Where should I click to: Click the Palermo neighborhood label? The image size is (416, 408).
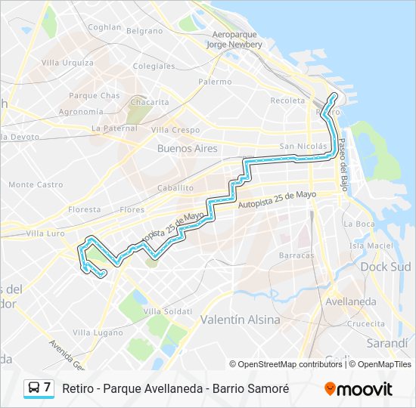coord(215,81)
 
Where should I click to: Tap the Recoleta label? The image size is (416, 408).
coord(287,100)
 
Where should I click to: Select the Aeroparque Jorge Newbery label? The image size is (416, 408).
coord(237,40)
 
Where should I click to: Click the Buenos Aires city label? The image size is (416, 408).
coord(187,149)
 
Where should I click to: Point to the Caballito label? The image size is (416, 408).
coord(175,187)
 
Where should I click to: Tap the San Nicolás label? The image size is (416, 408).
coord(302,146)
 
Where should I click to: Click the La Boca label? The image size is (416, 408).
coord(359,224)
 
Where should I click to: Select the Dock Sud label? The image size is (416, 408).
coord(385,267)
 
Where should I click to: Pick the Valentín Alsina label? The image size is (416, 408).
coord(240,320)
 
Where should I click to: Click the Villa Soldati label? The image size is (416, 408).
coord(164,311)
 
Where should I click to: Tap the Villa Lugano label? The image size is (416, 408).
coord(97,332)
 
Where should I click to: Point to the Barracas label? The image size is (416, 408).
coord(296,255)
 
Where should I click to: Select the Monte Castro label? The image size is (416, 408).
coord(36,184)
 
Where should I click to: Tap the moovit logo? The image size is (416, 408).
coord(359,389)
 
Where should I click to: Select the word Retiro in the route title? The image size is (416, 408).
coord(78,389)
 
